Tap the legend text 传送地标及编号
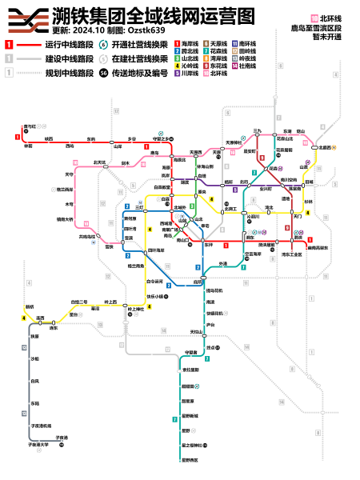tap(140, 73)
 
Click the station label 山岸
tap(118, 146)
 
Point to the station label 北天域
tap(101, 162)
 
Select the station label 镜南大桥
tap(64, 218)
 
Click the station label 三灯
tap(139, 206)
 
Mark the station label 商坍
tap(199, 282)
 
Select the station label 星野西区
tap(189, 459)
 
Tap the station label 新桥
tap(30, 307)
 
